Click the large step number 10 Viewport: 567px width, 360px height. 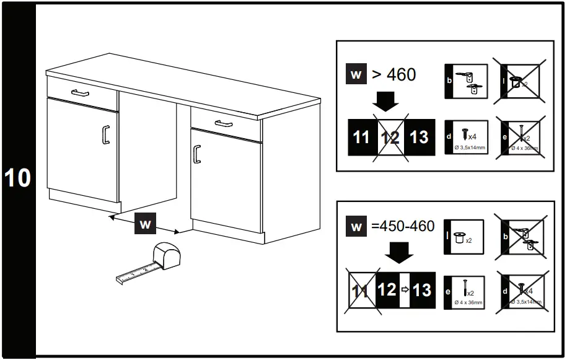pyautogui.click(x=17, y=178)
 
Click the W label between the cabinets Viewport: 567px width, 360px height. pyautogui.click(x=144, y=224)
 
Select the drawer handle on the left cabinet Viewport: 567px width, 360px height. pyautogui.click(x=81, y=93)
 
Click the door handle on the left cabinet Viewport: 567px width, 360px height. pyautogui.click(x=105, y=134)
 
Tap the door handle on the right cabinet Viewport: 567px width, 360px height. pyautogui.click(x=197, y=153)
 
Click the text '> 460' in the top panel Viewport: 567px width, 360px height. pyautogui.click(x=393, y=74)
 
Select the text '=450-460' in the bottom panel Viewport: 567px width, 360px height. pyautogui.click(x=403, y=226)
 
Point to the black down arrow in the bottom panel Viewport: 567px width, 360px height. pyautogui.click(x=396, y=252)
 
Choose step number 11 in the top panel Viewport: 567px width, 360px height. pyautogui.click(x=361, y=136)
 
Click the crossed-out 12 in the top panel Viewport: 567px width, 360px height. pyautogui.click(x=390, y=136)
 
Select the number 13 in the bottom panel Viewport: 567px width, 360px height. pyautogui.click(x=422, y=289)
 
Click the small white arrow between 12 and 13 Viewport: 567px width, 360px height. pyautogui.click(x=405, y=289)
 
